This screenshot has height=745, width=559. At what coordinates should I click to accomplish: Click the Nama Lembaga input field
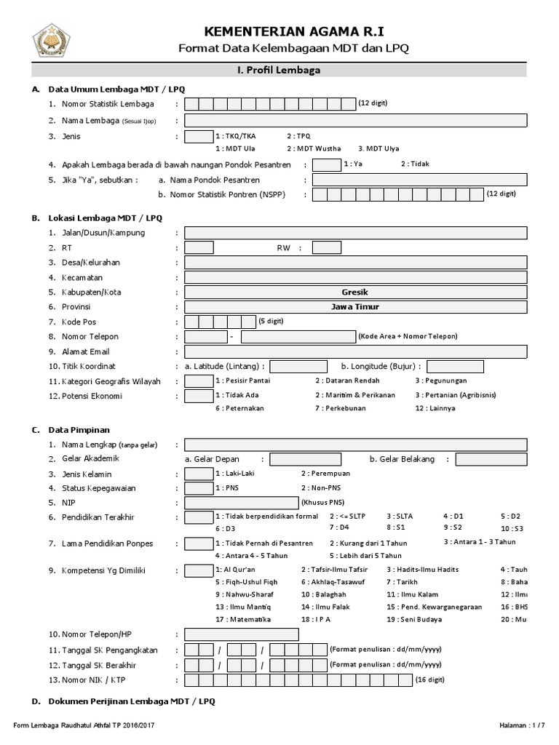coord(356,120)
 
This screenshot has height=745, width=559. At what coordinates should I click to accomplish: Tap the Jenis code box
coord(198,136)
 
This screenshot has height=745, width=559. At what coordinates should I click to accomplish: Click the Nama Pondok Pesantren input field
coord(419,180)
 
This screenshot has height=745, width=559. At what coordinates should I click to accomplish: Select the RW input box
coord(326,247)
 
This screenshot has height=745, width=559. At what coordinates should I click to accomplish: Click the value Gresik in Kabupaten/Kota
coord(355,292)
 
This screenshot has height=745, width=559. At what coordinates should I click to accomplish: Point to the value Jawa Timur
coord(355,306)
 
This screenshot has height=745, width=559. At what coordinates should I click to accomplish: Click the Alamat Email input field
coord(356,351)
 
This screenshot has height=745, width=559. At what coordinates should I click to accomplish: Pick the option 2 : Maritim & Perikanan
coord(355,395)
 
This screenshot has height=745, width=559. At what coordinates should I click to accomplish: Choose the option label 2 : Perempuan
coord(325,473)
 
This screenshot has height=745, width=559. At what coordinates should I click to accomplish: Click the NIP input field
coord(241,503)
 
